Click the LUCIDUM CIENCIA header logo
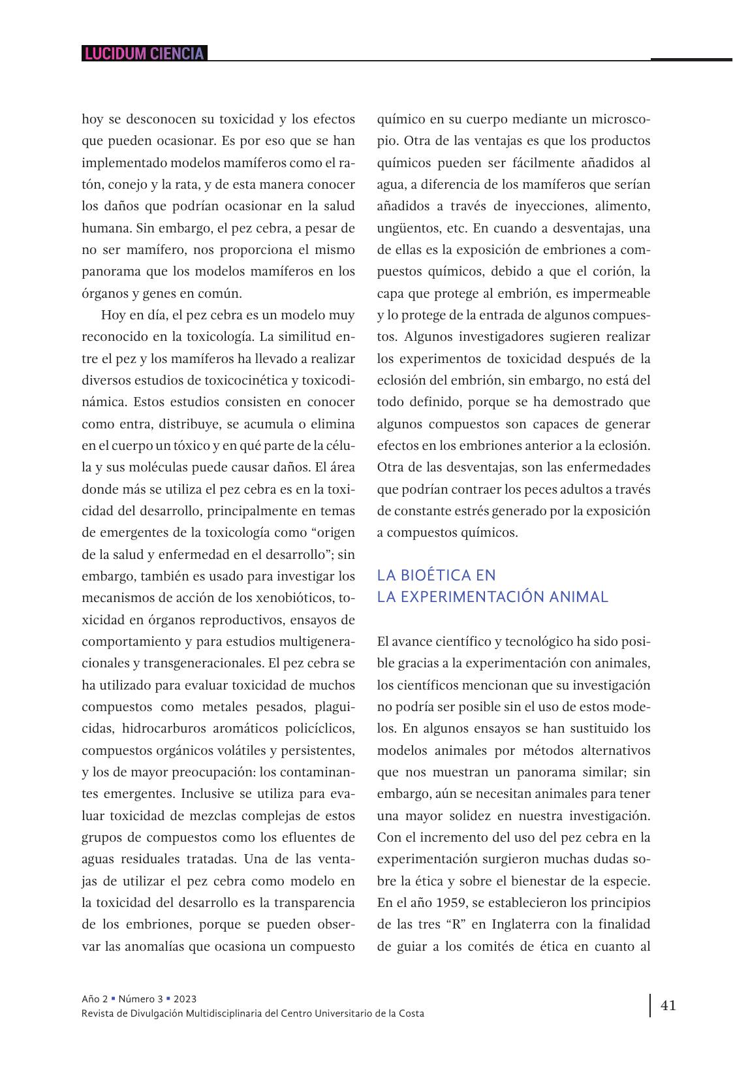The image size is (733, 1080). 144,54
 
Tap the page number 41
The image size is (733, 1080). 668,1005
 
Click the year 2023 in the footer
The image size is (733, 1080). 185,998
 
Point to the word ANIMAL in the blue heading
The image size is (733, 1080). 582,597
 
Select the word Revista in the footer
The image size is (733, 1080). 97,1013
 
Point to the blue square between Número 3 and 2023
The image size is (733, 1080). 168,998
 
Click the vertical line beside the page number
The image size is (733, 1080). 650,1006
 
